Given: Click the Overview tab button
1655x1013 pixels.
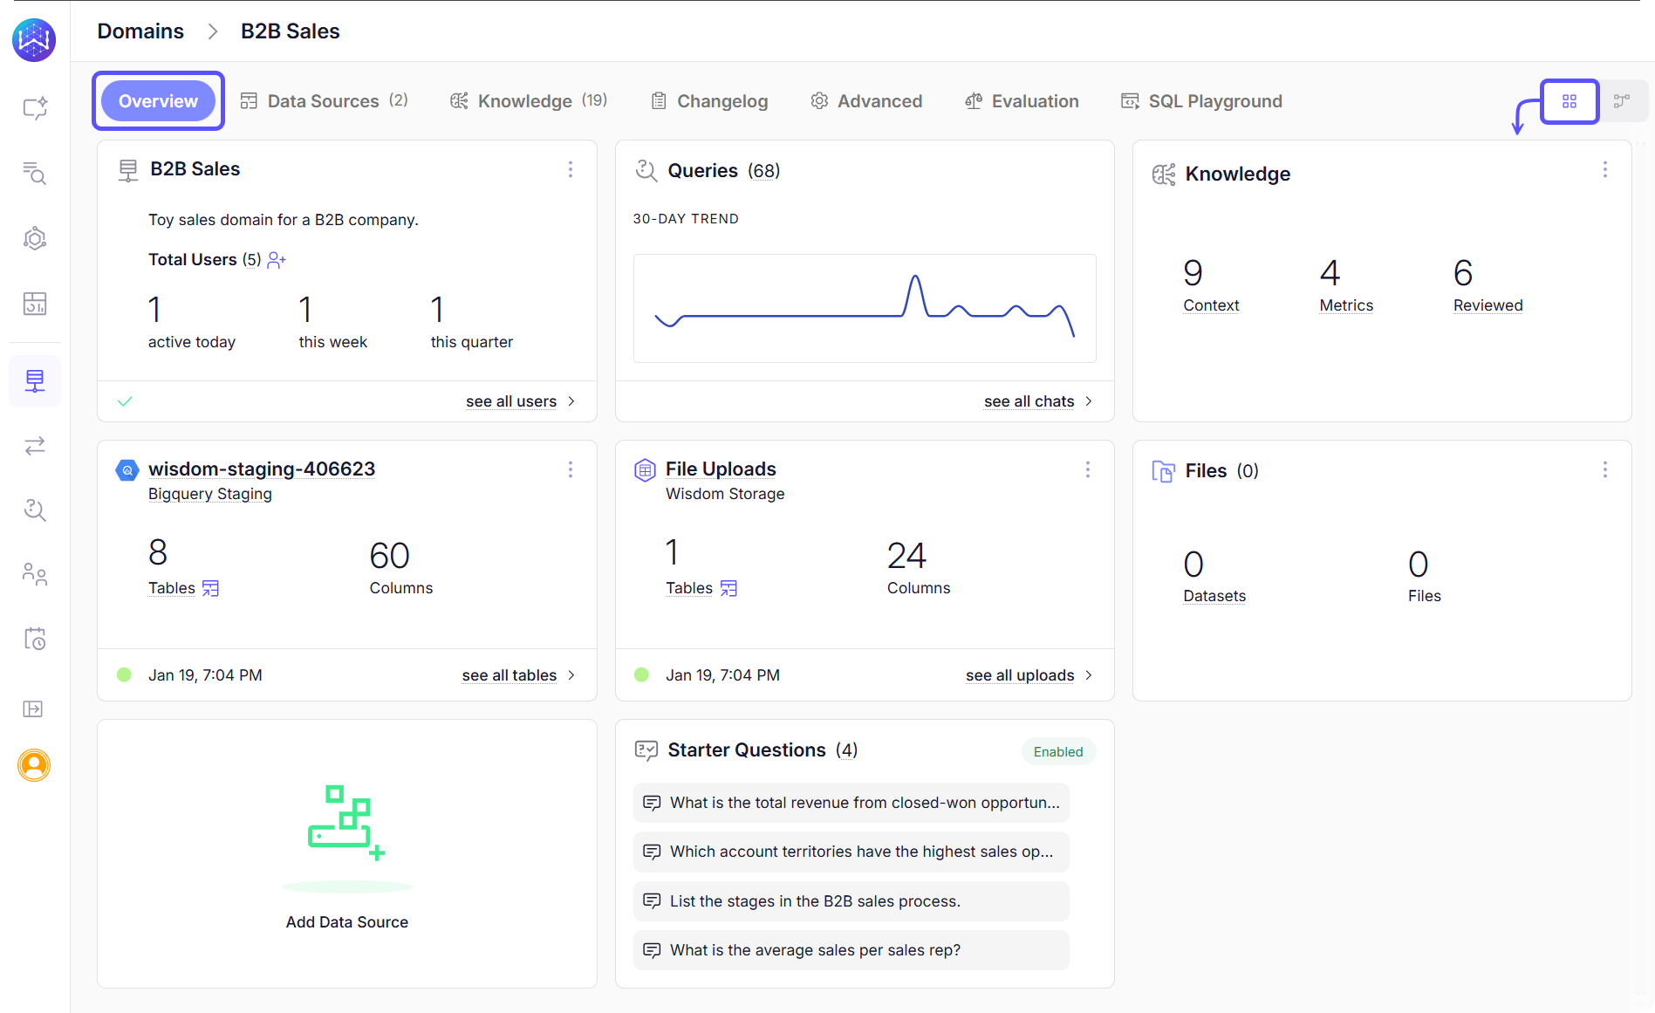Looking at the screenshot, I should pos(158,101).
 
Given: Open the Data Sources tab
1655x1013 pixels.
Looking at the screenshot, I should pos(323,101).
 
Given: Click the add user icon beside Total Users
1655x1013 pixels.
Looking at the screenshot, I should pos(277,260).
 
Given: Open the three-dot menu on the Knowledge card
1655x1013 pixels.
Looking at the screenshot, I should pos(1604,170).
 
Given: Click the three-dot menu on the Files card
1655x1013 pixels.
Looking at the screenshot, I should pos(1604,470).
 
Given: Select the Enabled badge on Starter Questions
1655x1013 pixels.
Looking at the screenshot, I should pos(1057,752).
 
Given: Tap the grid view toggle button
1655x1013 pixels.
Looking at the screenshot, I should pos(1569,101).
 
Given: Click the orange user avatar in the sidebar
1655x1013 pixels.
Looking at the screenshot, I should pos(34,765).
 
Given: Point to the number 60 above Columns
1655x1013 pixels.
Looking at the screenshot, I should pos(389,556).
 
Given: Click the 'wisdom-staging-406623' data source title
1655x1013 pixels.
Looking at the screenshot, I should pos(262,469).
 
